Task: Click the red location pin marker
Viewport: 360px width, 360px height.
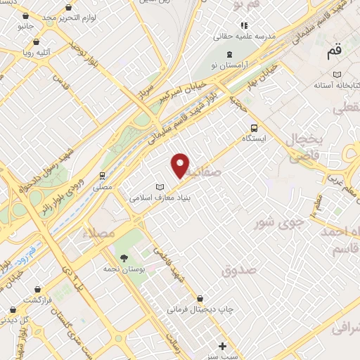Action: pos(181,165)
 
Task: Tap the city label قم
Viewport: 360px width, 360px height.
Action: pos(335,52)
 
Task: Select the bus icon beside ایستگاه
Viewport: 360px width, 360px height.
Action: pos(254,128)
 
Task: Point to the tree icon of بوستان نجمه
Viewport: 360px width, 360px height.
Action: pos(124,257)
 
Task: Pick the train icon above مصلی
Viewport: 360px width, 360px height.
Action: pos(103,175)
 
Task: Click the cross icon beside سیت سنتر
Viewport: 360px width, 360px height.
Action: pos(223,345)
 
